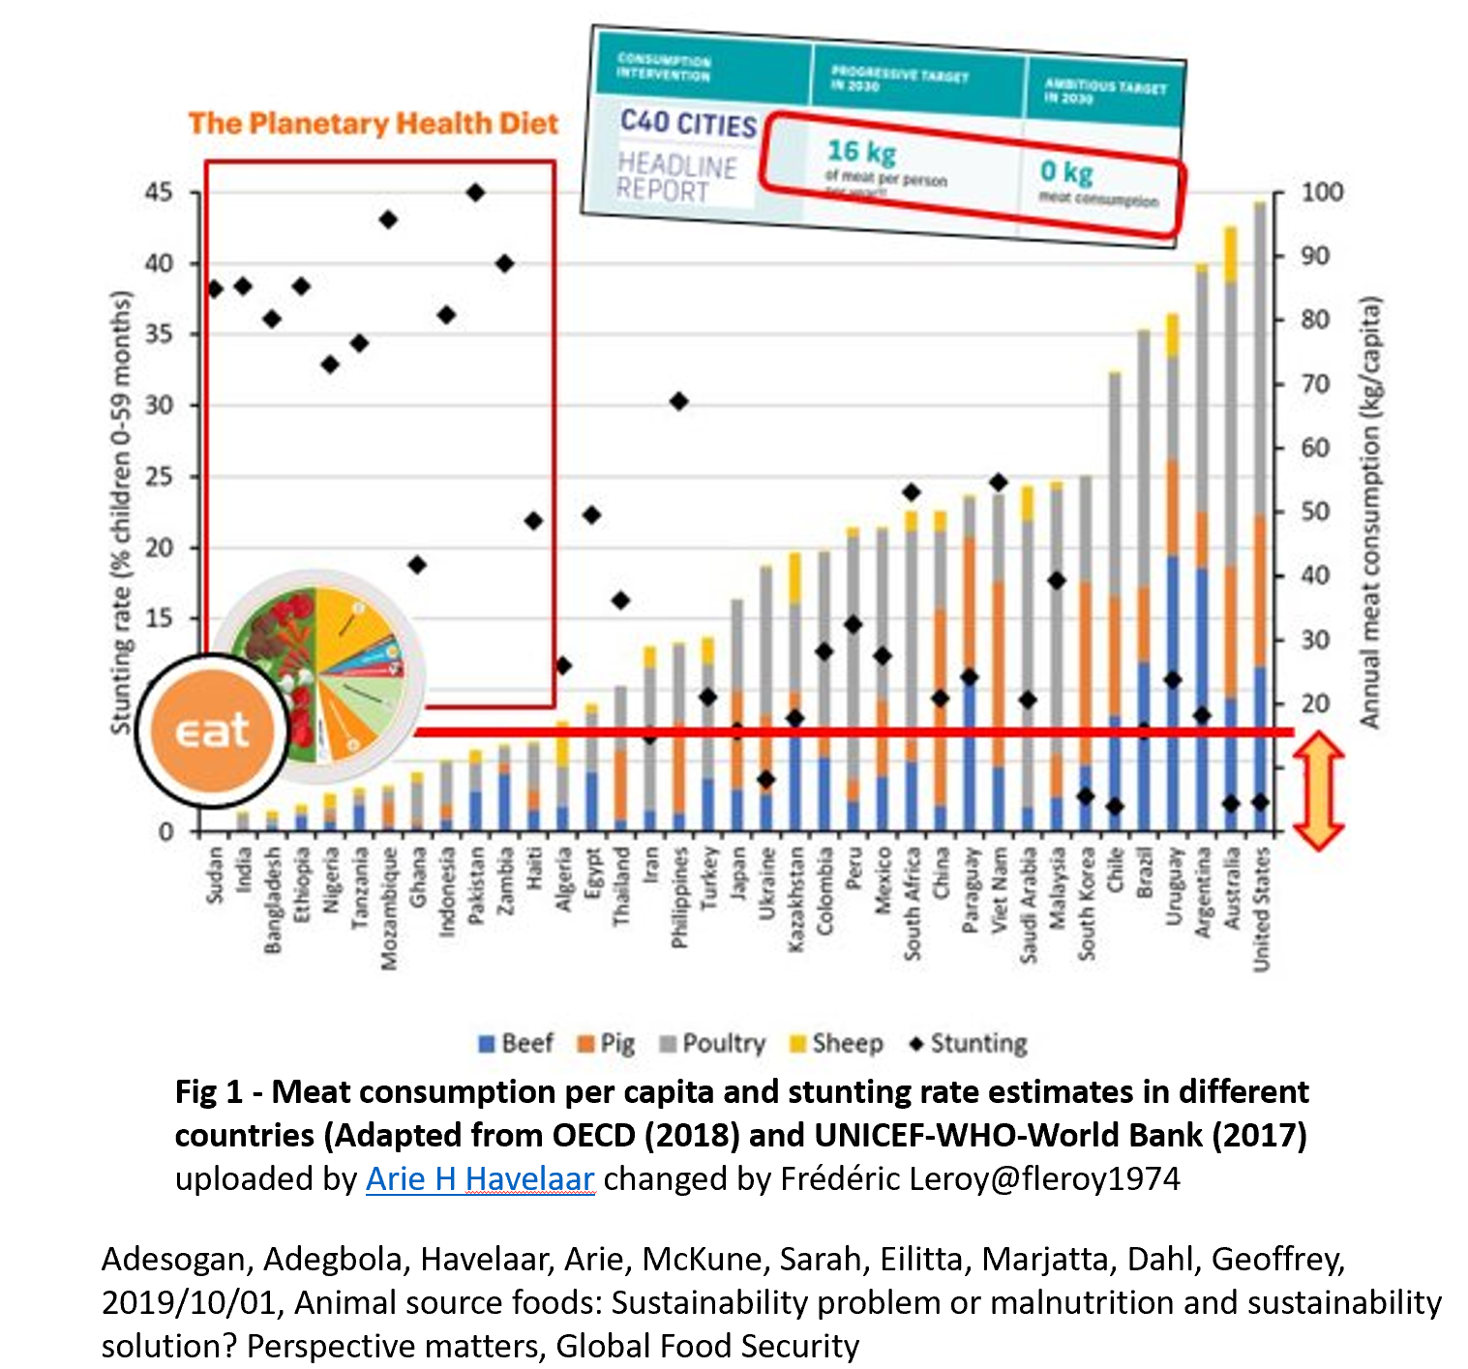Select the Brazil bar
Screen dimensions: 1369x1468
pyautogui.click(x=1144, y=580)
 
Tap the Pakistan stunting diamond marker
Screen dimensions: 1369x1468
pyautogui.click(x=475, y=193)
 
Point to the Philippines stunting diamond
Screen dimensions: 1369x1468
pyautogui.click(x=679, y=402)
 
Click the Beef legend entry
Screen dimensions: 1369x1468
pyautogui.click(x=517, y=1044)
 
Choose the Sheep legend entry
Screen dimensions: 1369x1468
pyautogui.click(x=837, y=1044)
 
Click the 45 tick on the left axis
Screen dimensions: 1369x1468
pyautogui.click(x=159, y=193)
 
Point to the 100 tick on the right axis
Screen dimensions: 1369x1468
pyautogui.click(x=1321, y=193)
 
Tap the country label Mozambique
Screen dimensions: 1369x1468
pyautogui.click(x=388, y=908)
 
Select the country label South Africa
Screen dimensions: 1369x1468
pyautogui.click(x=912, y=904)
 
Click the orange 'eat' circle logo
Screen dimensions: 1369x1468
pyautogui.click(x=213, y=730)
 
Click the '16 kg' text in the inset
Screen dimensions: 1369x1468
pyautogui.click(x=861, y=152)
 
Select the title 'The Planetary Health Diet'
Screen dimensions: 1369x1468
pyautogui.click(x=374, y=124)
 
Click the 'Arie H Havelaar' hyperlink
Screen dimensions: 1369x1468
pyautogui.click(x=480, y=1179)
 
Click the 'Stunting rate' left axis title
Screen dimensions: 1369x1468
pyautogui.click(x=120, y=513)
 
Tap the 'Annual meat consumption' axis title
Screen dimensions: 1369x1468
pyautogui.click(x=1369, y=513)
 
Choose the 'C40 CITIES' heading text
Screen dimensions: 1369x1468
pyautogui.click(x=688, y=124)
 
